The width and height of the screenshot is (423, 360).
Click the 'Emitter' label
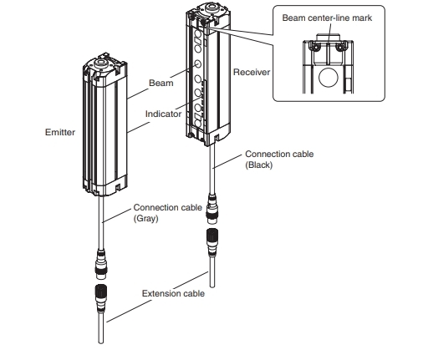pyautogui.click(x=60, y=132)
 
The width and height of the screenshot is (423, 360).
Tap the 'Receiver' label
pyautogui.click(x=252, y=72)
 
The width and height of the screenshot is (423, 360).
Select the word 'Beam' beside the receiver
pyautogui.click(x=161, y=83)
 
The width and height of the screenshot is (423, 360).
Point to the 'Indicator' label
pyautogui.click(x=163, y=114)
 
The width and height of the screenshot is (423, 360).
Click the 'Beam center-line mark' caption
pyautogui.click(x=327, y=18)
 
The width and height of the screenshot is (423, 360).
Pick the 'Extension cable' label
pyautogui.click(x=173, y=293)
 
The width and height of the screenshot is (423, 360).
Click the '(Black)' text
pyautogui.click(x=259, y=165)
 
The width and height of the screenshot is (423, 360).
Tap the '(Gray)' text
pyautogui.click(x=145, y=218)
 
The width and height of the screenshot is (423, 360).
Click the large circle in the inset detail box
pyautogui.click(x=329, y=78)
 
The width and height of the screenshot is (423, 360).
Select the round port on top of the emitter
pyautogui.click(x=100, y=63)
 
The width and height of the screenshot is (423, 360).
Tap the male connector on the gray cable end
pyautogui.click(x=102, y=265)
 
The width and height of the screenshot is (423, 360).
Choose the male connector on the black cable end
pyautogui.click(x=212, y=210)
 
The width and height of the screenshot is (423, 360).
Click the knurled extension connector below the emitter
pyautogui.click(x=101, y=298)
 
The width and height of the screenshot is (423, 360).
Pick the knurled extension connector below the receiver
pyautogui.click(x=212, y=243)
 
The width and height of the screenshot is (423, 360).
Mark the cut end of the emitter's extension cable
pyautogui.click(x=101, y=342)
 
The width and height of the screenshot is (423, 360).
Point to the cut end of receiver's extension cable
pyautogui.click(x=212, y=285)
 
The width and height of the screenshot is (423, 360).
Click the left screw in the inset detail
pyautogui.click(x=314, y=47)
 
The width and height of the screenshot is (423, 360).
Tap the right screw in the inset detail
pyautogui.click(x=340, y=47)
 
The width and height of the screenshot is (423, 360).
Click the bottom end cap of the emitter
pyautogui.click(x=105, y=186)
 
